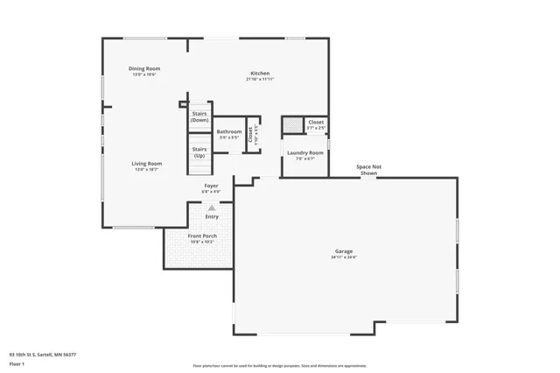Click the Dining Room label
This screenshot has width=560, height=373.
point(144,68)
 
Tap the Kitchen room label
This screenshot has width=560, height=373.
point(260,73)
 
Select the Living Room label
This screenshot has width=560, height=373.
point(147,164)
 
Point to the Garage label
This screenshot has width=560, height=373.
point(343,251)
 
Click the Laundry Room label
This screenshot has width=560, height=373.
point(305,153)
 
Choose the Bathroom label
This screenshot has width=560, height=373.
point(229,131)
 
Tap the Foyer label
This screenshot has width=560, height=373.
point(212,186)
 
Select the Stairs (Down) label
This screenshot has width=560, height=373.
point(199,116)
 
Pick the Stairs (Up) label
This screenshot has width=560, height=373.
point(199,152)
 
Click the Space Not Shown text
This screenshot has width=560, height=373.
point(368,169)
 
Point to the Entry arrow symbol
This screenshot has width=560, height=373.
point(211,208)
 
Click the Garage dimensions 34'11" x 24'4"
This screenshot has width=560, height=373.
point(343,257)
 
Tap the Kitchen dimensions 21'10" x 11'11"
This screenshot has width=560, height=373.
point(260,79)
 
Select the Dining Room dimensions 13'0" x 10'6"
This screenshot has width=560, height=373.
point(144,74)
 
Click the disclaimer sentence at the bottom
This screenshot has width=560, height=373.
point(279,366)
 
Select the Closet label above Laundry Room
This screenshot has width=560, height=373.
point(316,122)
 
